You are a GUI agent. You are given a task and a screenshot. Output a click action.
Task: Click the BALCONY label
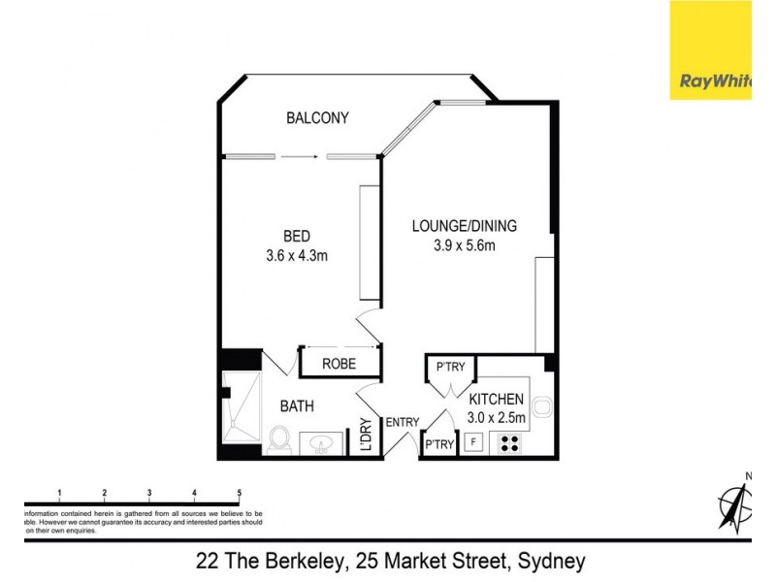point(317,118)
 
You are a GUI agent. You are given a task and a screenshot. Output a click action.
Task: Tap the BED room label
point(297,237)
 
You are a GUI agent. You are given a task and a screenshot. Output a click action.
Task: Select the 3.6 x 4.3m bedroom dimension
point(297,256)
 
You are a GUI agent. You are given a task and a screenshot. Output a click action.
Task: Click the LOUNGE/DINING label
point(464,226)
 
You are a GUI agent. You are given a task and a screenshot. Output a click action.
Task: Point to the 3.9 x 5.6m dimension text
point(464,245)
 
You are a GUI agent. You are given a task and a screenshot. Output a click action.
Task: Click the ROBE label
point(339,364)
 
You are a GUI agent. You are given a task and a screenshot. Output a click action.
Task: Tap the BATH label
point(297,406)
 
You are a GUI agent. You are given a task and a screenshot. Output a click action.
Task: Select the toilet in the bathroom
point(281,440)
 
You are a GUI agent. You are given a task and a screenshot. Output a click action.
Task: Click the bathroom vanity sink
point(324,444)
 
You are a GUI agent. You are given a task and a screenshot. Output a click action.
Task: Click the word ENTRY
point(403,422)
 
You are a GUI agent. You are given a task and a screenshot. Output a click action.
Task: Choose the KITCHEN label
point(497,399)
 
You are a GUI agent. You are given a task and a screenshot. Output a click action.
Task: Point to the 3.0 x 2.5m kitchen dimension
point(497,418)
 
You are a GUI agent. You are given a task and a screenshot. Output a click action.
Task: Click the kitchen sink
point(542,407)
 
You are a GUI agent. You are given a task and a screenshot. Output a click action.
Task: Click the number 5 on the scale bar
point(239,493)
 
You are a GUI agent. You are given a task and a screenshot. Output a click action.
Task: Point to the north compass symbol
point(735,505)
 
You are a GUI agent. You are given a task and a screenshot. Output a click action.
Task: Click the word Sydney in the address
point(551,561)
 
